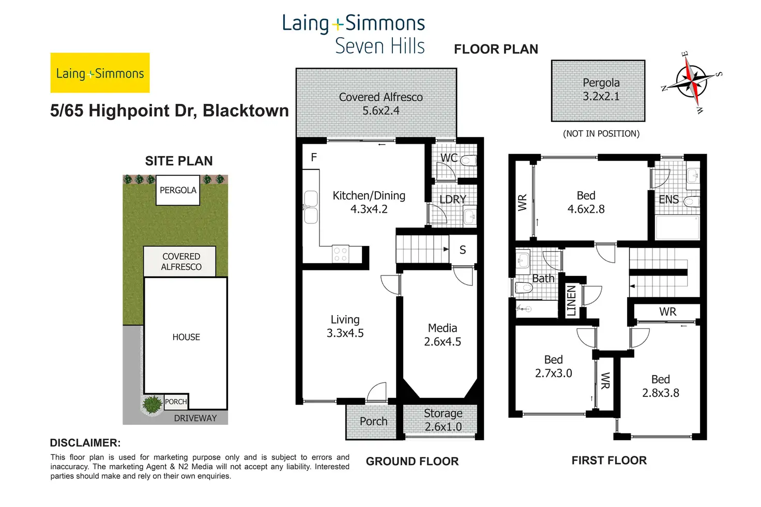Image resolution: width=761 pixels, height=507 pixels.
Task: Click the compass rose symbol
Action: [692, 82]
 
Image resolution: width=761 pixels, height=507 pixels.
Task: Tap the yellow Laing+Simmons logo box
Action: [100, 73]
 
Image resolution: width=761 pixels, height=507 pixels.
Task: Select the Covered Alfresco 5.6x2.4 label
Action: [380, 104]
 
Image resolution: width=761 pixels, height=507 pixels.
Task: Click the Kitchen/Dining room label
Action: [369, 202]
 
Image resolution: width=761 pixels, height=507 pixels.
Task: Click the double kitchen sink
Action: [311, 207]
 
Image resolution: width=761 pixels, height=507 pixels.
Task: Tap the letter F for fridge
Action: [314, 158]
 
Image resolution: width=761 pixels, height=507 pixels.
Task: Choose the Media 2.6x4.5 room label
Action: [443, 335]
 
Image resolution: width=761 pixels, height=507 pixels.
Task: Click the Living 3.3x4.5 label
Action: [345, 327]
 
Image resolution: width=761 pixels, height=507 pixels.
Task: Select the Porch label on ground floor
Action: [373, 422]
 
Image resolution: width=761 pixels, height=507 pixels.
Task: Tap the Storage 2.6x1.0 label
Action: [443, 420]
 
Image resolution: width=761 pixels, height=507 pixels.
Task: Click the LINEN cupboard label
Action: [571, 300]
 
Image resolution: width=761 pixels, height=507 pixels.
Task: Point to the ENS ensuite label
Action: [668, 199]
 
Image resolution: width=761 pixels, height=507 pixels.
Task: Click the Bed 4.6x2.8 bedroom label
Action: [586, 203]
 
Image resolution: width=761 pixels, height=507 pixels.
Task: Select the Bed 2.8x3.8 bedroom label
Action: [661, 386]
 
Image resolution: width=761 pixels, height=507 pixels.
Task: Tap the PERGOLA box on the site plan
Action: [178, 190]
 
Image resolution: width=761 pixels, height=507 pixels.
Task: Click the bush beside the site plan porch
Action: [152, 405]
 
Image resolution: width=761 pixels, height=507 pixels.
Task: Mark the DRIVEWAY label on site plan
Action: [195, 418]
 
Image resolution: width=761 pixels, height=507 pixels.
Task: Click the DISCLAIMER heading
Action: [85, 443]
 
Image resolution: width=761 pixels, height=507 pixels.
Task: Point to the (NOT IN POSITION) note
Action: [601, 134]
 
